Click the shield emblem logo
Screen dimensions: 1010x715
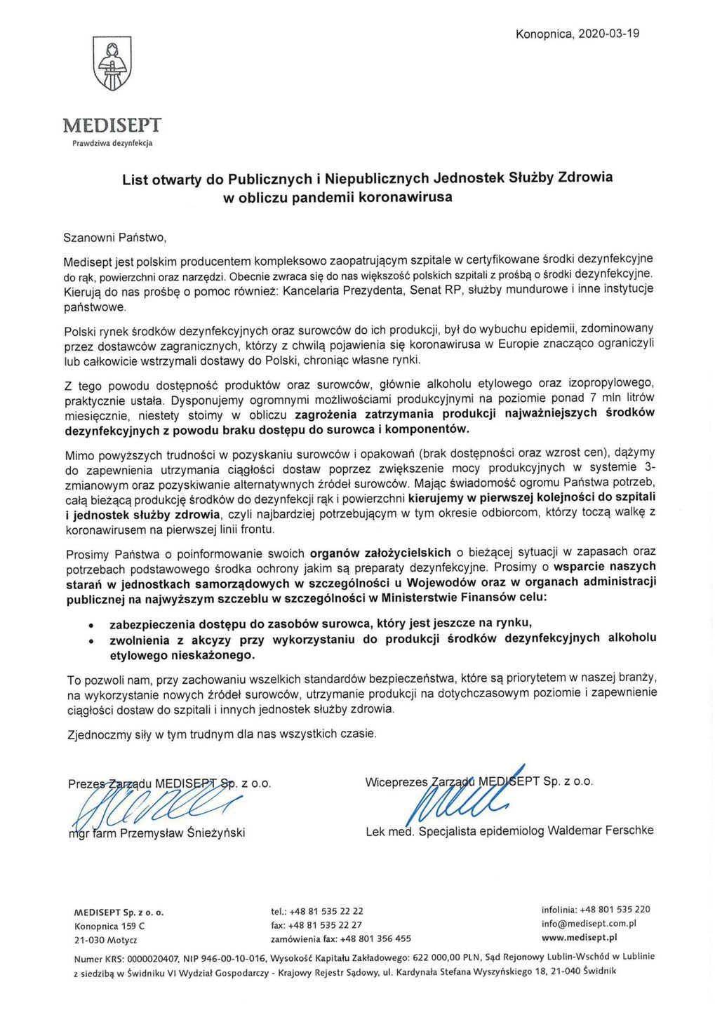112,64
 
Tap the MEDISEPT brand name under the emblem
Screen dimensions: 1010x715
112,126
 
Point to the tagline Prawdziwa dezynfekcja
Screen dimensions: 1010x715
112,143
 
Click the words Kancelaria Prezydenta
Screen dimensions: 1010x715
340,290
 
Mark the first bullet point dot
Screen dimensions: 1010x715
90,624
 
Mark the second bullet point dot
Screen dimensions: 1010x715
90,640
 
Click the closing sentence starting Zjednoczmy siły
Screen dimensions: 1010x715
222,734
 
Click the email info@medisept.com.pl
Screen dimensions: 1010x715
589,924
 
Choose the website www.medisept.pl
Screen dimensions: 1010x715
580,937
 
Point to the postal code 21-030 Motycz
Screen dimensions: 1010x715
105,940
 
